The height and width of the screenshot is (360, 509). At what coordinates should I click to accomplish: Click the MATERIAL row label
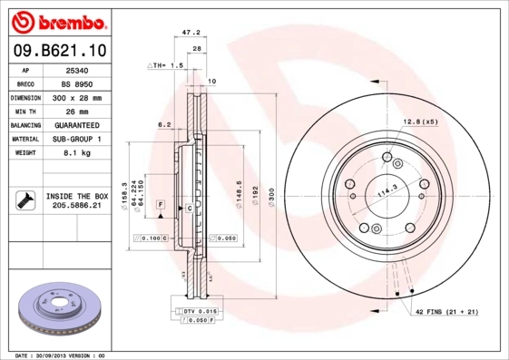[x=24, y=139]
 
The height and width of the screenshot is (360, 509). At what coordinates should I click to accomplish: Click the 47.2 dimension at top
[x=191, y=32]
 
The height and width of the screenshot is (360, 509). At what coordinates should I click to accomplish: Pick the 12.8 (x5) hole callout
[x=421, y=122]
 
